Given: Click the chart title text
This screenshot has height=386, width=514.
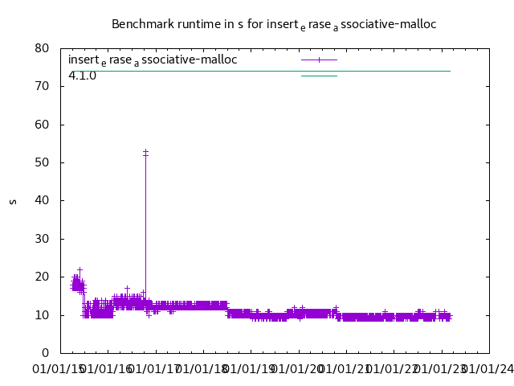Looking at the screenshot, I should point(274,24).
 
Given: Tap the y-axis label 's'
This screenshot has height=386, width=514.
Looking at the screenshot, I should point(12,201).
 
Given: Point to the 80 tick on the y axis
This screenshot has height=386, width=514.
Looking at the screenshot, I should point(43,48).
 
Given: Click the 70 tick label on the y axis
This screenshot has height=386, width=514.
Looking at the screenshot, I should point(43,86).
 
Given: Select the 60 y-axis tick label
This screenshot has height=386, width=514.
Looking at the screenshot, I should point(43,125).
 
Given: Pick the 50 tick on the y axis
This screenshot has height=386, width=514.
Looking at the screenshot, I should point(43,162).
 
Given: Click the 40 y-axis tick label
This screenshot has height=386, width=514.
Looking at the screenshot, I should point(43,200).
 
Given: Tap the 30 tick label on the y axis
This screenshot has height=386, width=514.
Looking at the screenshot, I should point(43,239).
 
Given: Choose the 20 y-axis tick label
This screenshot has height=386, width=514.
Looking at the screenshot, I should point(43,277).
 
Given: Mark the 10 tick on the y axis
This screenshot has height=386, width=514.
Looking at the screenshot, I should point(43,315).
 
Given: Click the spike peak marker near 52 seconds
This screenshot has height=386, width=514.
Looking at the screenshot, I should point(145,152).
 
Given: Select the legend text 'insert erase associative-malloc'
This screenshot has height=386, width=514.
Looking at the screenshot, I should point(153,60).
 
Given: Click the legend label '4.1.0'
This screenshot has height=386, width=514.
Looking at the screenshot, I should point(83,76).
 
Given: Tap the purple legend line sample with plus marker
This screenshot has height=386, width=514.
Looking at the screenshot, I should point(319,60).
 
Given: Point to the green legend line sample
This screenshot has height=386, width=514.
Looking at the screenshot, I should point(319,76).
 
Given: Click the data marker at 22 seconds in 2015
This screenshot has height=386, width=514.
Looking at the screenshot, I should point(80,269).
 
